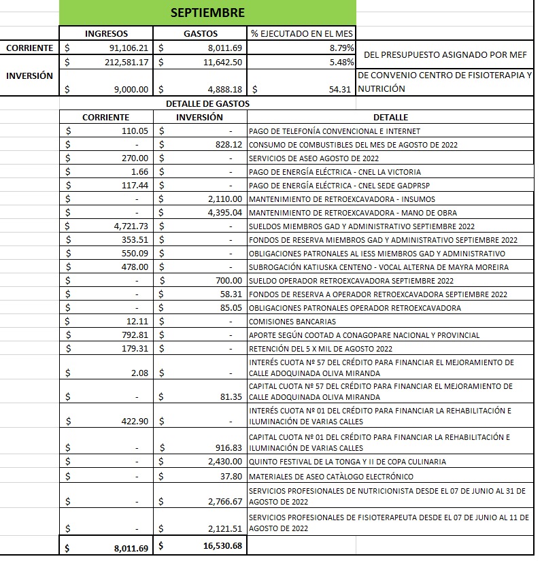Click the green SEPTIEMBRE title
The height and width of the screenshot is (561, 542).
[x=207, y=13]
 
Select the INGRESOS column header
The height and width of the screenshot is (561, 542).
[x=106, y=33]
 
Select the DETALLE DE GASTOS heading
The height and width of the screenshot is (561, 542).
[x=207, y=104]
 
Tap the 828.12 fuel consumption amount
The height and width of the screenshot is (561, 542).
[x=228, y=145]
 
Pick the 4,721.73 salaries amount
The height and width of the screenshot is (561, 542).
[x=130, y=226]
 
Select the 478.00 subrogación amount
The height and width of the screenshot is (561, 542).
[x=135, y=267]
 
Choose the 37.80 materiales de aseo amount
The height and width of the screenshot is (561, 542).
[x=231, y=476]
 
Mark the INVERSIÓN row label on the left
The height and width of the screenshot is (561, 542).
[x=29, y=75]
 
